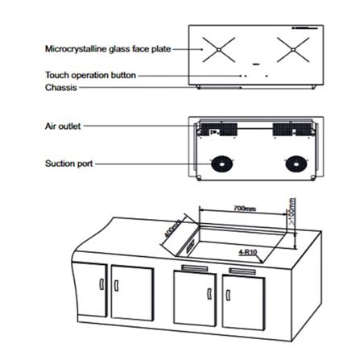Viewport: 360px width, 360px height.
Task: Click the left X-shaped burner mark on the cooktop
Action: pos(218,50)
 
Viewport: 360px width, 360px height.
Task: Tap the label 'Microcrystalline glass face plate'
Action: pos(108,49)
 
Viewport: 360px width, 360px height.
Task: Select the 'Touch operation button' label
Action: pos(90,75)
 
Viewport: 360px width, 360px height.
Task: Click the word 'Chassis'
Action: pos(60,87)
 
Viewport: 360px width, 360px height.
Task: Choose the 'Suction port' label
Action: pos(68,163)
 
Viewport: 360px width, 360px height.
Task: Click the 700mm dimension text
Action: pos(244,208)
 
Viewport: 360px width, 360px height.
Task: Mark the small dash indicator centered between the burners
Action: pos(255,63)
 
